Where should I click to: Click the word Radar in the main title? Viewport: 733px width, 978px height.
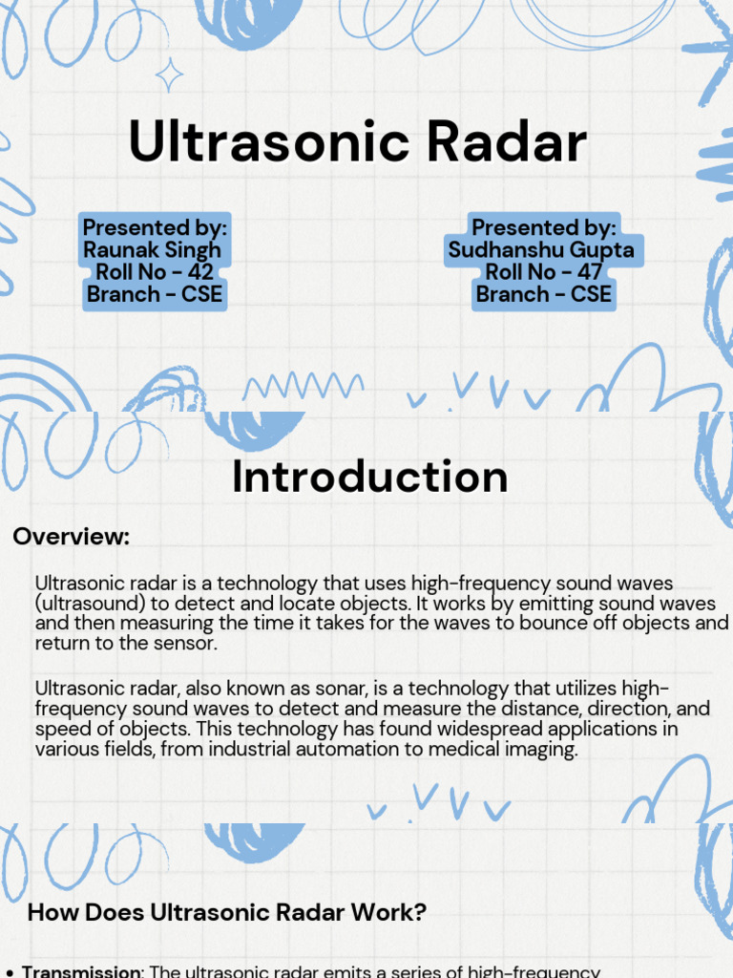(506, 142)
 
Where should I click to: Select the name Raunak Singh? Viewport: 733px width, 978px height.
(153, 250)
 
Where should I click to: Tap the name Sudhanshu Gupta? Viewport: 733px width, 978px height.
(542, 250)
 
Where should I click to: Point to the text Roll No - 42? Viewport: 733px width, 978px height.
(155, 272)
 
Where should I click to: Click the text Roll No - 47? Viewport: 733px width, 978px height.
(543, 272)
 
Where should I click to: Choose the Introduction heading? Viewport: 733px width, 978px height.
(370, 477)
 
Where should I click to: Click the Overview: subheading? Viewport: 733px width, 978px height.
(72, 537)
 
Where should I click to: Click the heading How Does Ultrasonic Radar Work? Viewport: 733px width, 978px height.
(227, 912)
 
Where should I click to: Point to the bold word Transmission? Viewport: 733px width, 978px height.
(82, 971)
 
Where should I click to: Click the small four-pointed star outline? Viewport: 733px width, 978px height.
(170, 74)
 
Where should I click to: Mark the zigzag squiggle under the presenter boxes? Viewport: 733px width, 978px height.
(304, 386)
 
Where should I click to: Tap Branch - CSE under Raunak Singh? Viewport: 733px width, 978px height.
(155, 294)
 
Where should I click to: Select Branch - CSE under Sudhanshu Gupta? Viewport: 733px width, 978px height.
(543, 294)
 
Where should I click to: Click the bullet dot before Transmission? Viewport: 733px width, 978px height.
(10, 972)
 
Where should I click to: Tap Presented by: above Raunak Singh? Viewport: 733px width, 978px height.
(155, 228)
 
